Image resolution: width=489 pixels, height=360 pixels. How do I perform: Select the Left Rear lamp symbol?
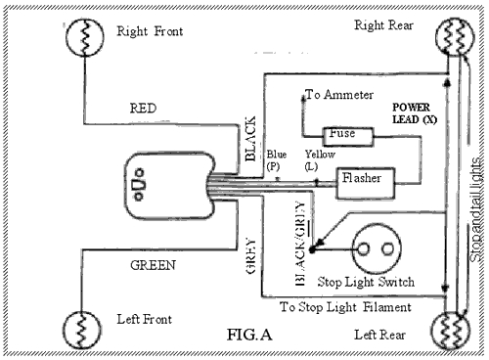click(x=456, y=326)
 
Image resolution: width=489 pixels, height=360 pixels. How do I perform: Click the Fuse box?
click(x=343, y=132)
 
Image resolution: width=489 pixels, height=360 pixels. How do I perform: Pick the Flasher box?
click(x=366, y=180)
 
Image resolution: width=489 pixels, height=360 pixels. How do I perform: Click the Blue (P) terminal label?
click(x=277, y=159)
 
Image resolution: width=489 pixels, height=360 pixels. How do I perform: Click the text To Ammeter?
click(x=339, y=96)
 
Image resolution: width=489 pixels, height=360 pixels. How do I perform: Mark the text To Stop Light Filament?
click(x=345, y=307)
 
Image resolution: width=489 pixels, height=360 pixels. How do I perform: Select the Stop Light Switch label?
click(x=368, y=283)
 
